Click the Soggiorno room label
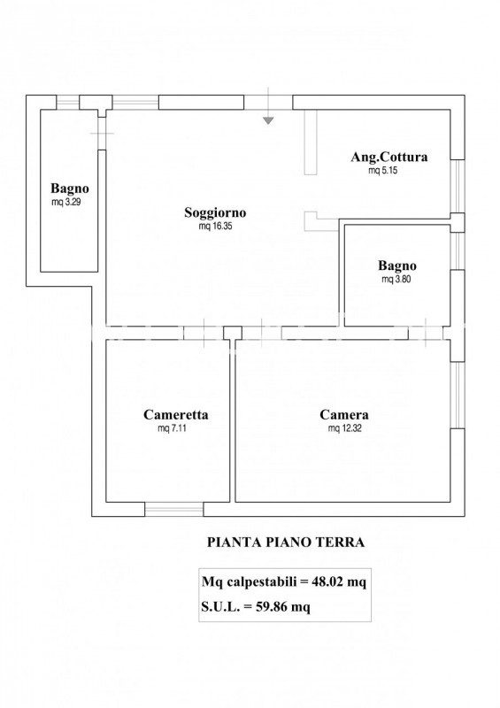pyautogui.click(x=215, y=212)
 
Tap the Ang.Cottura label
pyautogui.click(x=388, y=158)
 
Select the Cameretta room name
pyautogui.click(x=176, y=414)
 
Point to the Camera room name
pyautogui.click(x=344, y=414)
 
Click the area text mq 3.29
pyautogui.click(x=66, y=203)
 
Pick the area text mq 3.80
pyautogui.click(x=396, y=279)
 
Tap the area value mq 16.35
pyautogui.click(x=215, y=227)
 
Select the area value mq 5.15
pyautogui.click(x=383, y=171)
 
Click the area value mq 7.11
pyautogui.click(x=172, y=428)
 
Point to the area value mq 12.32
pyautogui.click(x=344, y=428)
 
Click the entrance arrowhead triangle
pyautogui.click(x=268, y=120)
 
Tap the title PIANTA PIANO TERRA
pyautogui.click(x=286, y=542)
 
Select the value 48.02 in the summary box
pyautogui.click(x=327, y=581)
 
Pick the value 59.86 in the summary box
pyautogui.click(x=271, y=606)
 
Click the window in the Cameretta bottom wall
pyautogui.click(x=173, y=511)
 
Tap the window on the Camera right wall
pyautogui.click(x=458, y=395)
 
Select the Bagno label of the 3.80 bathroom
pyautogui.click(x=397, y=265)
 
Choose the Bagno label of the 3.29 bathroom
pyautogui.click(x=70, y=189)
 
